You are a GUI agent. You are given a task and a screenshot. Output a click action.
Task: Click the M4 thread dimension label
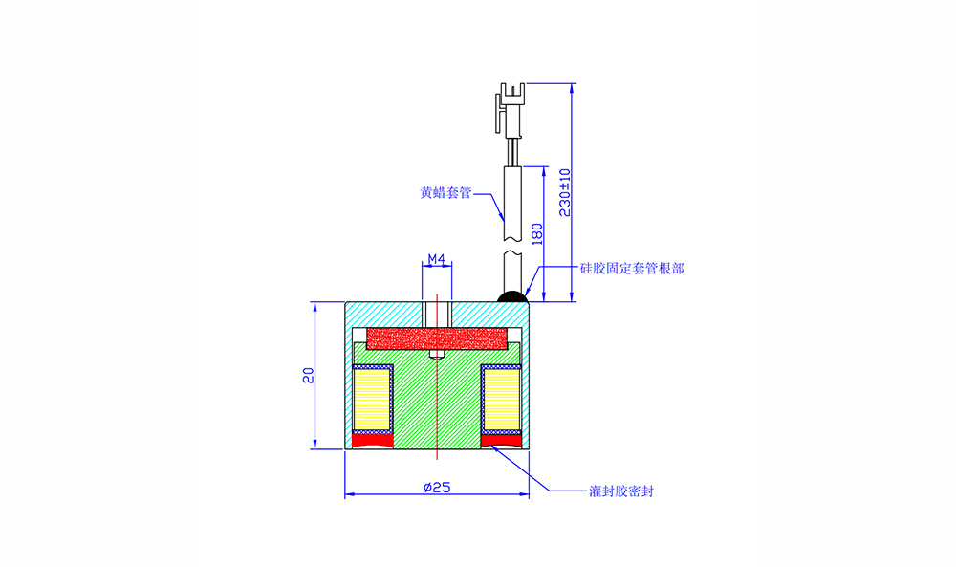(x=437, y=260)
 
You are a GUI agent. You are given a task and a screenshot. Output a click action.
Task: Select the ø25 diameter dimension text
(x=437, y=487)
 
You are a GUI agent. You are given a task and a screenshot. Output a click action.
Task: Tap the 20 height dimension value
(x=309, y=375)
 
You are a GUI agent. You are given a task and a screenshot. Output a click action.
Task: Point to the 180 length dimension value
(x=537, y=234)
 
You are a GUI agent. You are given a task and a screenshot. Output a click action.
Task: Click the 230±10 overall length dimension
(x=565, y=192)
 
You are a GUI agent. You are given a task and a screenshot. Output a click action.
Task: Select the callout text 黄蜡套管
(x=445, y=192)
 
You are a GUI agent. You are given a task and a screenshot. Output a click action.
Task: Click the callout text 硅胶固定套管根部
(x=632, y=269)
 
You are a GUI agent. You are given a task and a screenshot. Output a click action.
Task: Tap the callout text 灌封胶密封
(x=621, y=491)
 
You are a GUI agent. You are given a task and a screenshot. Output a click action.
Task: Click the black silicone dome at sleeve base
(x=512, y=297)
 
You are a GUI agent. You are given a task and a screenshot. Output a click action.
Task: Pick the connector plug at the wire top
(x=511, y=110)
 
